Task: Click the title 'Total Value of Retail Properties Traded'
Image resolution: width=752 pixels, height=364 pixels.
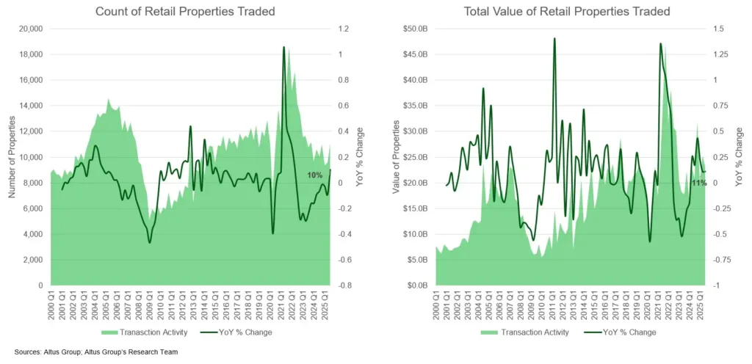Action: click(x=566, y=12)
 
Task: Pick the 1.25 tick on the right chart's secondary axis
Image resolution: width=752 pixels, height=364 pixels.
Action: click(x=718, y=54)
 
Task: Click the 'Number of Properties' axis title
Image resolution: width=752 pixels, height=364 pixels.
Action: click(x=12, y=157)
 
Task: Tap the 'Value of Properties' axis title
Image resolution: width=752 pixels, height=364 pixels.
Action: click(x=397, y=157)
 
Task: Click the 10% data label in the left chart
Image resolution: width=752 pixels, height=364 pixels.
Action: click(x=314, y=175)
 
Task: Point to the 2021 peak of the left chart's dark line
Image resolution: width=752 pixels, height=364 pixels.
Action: click(x=283, y=47)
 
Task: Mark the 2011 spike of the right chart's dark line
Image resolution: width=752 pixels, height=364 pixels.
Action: click(x=554, y=38)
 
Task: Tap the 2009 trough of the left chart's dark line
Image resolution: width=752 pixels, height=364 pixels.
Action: click(x=150, y=242)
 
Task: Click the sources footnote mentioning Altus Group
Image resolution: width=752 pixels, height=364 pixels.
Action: click(x=95, y=352)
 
